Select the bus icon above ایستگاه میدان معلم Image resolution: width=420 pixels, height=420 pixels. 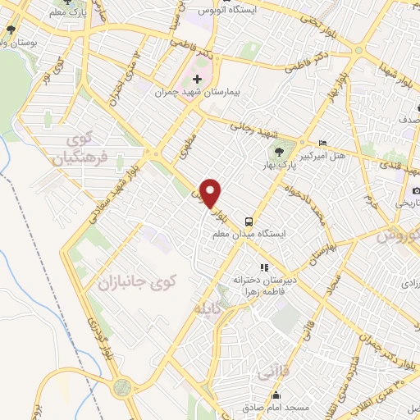tap(248, 221)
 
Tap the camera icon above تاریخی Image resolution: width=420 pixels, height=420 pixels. tap(417, 191)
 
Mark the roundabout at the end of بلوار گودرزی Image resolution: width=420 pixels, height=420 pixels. tap(123, 388)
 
